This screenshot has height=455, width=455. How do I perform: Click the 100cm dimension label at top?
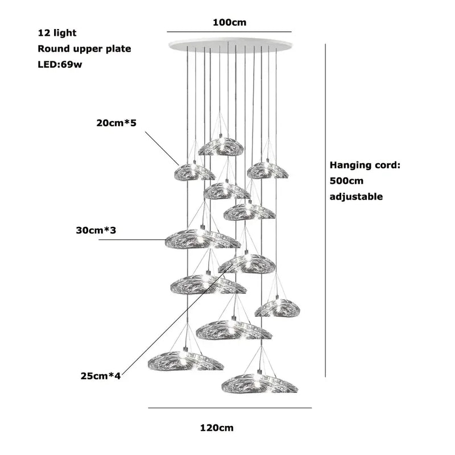click(230, 22)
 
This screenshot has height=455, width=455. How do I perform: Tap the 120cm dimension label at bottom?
click(217, 428)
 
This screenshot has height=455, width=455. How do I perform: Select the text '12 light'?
click(57, 34)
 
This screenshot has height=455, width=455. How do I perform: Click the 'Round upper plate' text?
click(84, 49)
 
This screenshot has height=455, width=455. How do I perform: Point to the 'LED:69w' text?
click(60, 64)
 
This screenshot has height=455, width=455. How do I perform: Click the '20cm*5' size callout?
click(117, 123)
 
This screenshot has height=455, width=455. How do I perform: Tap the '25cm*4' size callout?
click(101, 375)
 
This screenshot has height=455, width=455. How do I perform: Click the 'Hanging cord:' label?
click(366, 166)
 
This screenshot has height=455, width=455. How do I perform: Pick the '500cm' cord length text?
click(346, 181)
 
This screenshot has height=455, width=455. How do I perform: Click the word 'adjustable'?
click(356, 197)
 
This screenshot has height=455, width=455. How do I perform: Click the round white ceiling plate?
click(230, 45)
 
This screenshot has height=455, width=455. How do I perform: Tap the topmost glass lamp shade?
click(221, 146)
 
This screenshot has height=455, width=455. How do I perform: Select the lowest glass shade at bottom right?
click(259, 383)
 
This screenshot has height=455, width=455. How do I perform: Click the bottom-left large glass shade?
click(185, 361)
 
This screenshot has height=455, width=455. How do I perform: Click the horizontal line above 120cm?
click(230, 408)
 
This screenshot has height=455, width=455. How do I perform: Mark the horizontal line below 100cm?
click(229, 31)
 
